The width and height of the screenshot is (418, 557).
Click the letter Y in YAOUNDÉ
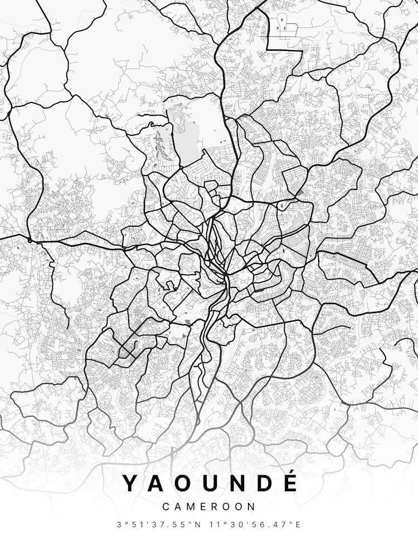[x=130, y=483]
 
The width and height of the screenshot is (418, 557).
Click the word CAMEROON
[x=209, y=507]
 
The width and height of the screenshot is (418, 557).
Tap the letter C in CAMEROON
[x=166, y=507]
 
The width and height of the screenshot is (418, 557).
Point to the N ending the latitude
[x=200, y=525]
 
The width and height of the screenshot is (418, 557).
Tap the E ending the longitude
[x=298, y=525]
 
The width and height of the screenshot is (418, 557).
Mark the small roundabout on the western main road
[x=29, y=240]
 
